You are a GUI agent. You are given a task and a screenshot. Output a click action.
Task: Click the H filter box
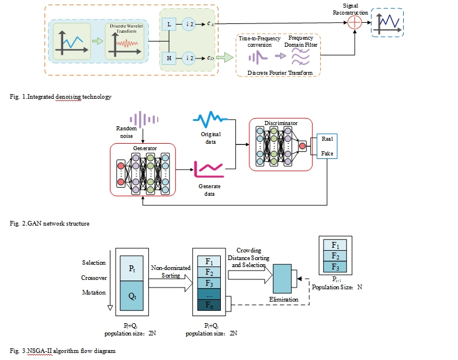click(169, 58)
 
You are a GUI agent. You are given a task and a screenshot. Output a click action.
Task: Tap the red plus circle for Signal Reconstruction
click(353, 23)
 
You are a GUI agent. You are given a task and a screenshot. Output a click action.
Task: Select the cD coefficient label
click(210, 58)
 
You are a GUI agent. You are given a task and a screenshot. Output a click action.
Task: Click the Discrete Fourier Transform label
click(281, 73)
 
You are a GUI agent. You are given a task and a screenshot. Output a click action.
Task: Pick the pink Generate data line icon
click(207, 169)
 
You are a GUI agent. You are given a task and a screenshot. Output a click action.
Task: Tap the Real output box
click(327, 140)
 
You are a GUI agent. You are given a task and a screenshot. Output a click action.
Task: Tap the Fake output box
click(327, 154)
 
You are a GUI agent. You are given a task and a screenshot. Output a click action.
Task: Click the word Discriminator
click(281, 123)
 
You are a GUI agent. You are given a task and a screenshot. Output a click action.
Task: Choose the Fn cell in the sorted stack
click(209, 305)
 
